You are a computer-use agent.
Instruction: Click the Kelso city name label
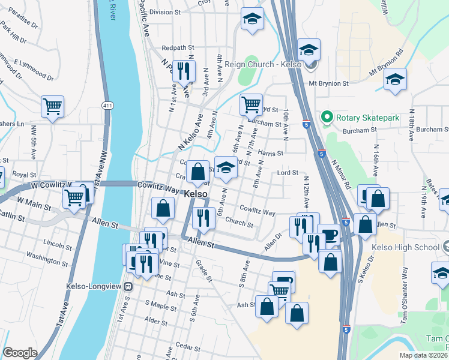pyautogui.click(x=196, y=194)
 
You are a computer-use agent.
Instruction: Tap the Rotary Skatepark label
pyautogui.click(x=367, y=118)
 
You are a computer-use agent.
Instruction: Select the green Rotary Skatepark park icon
pyautogui.click(x=327, y=117)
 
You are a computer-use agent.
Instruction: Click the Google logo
pyautogui.click(x=20, y=353)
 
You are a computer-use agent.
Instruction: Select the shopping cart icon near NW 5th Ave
pyautogui.click(x=53, y=107)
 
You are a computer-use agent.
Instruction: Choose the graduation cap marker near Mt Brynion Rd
pyautogui.click(x=395, y=80)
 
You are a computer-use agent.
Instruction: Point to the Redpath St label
pyautogui.click(x=179, y=47)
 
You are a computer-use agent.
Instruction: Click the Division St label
pyautogui.click(x=164, y=12)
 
